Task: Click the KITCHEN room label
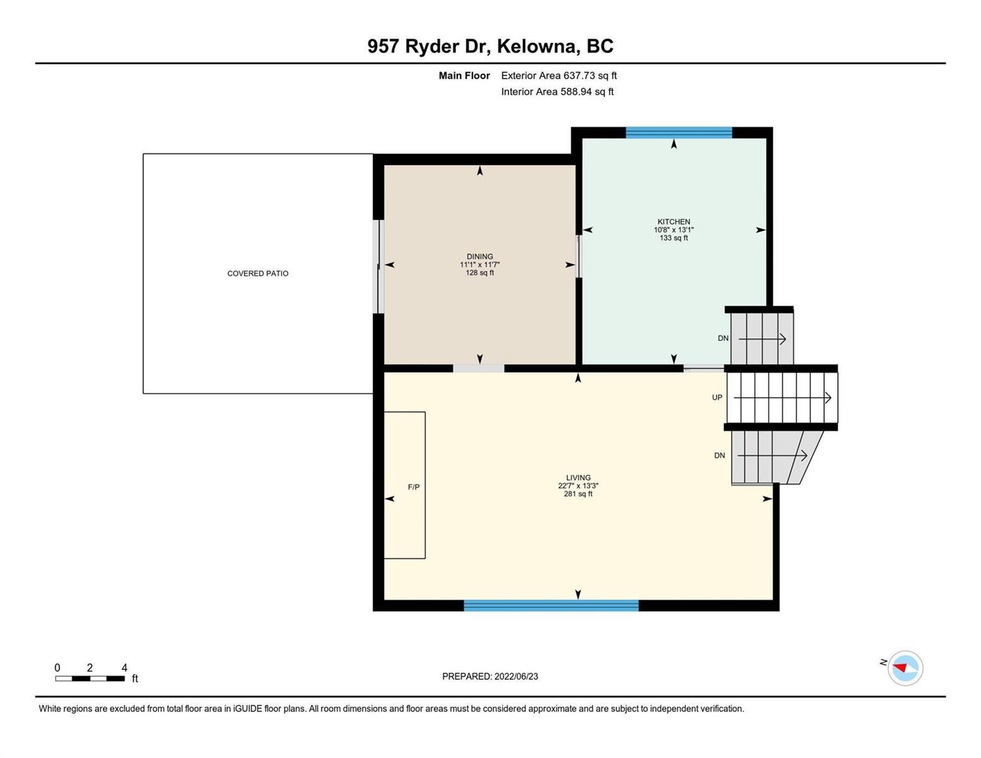(x=673, y=222)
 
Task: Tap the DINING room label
(x=479, y=256)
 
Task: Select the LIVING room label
(x=578, y=478)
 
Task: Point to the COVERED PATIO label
(x=258, y=274)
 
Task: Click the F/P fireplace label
(x=414, y=487)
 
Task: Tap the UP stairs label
(x=717, y=398)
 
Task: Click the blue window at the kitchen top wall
(x=678, y=133)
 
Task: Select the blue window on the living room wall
(x=551, y=605)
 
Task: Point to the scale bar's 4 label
(x=124, y=668)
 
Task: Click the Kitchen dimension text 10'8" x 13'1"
(x=673, y=230)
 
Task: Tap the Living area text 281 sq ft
(x=578, y=494)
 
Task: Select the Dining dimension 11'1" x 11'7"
(x=479, y=265)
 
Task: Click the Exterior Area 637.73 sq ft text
(x=559, y=75)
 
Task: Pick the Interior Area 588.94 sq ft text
(x=558, y=92)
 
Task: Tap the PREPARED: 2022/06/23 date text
(x=490, y=677)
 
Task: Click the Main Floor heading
(x=464, y=75)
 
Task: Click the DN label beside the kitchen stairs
(x=723, y=338)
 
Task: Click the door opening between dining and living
(x=479, y=368)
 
